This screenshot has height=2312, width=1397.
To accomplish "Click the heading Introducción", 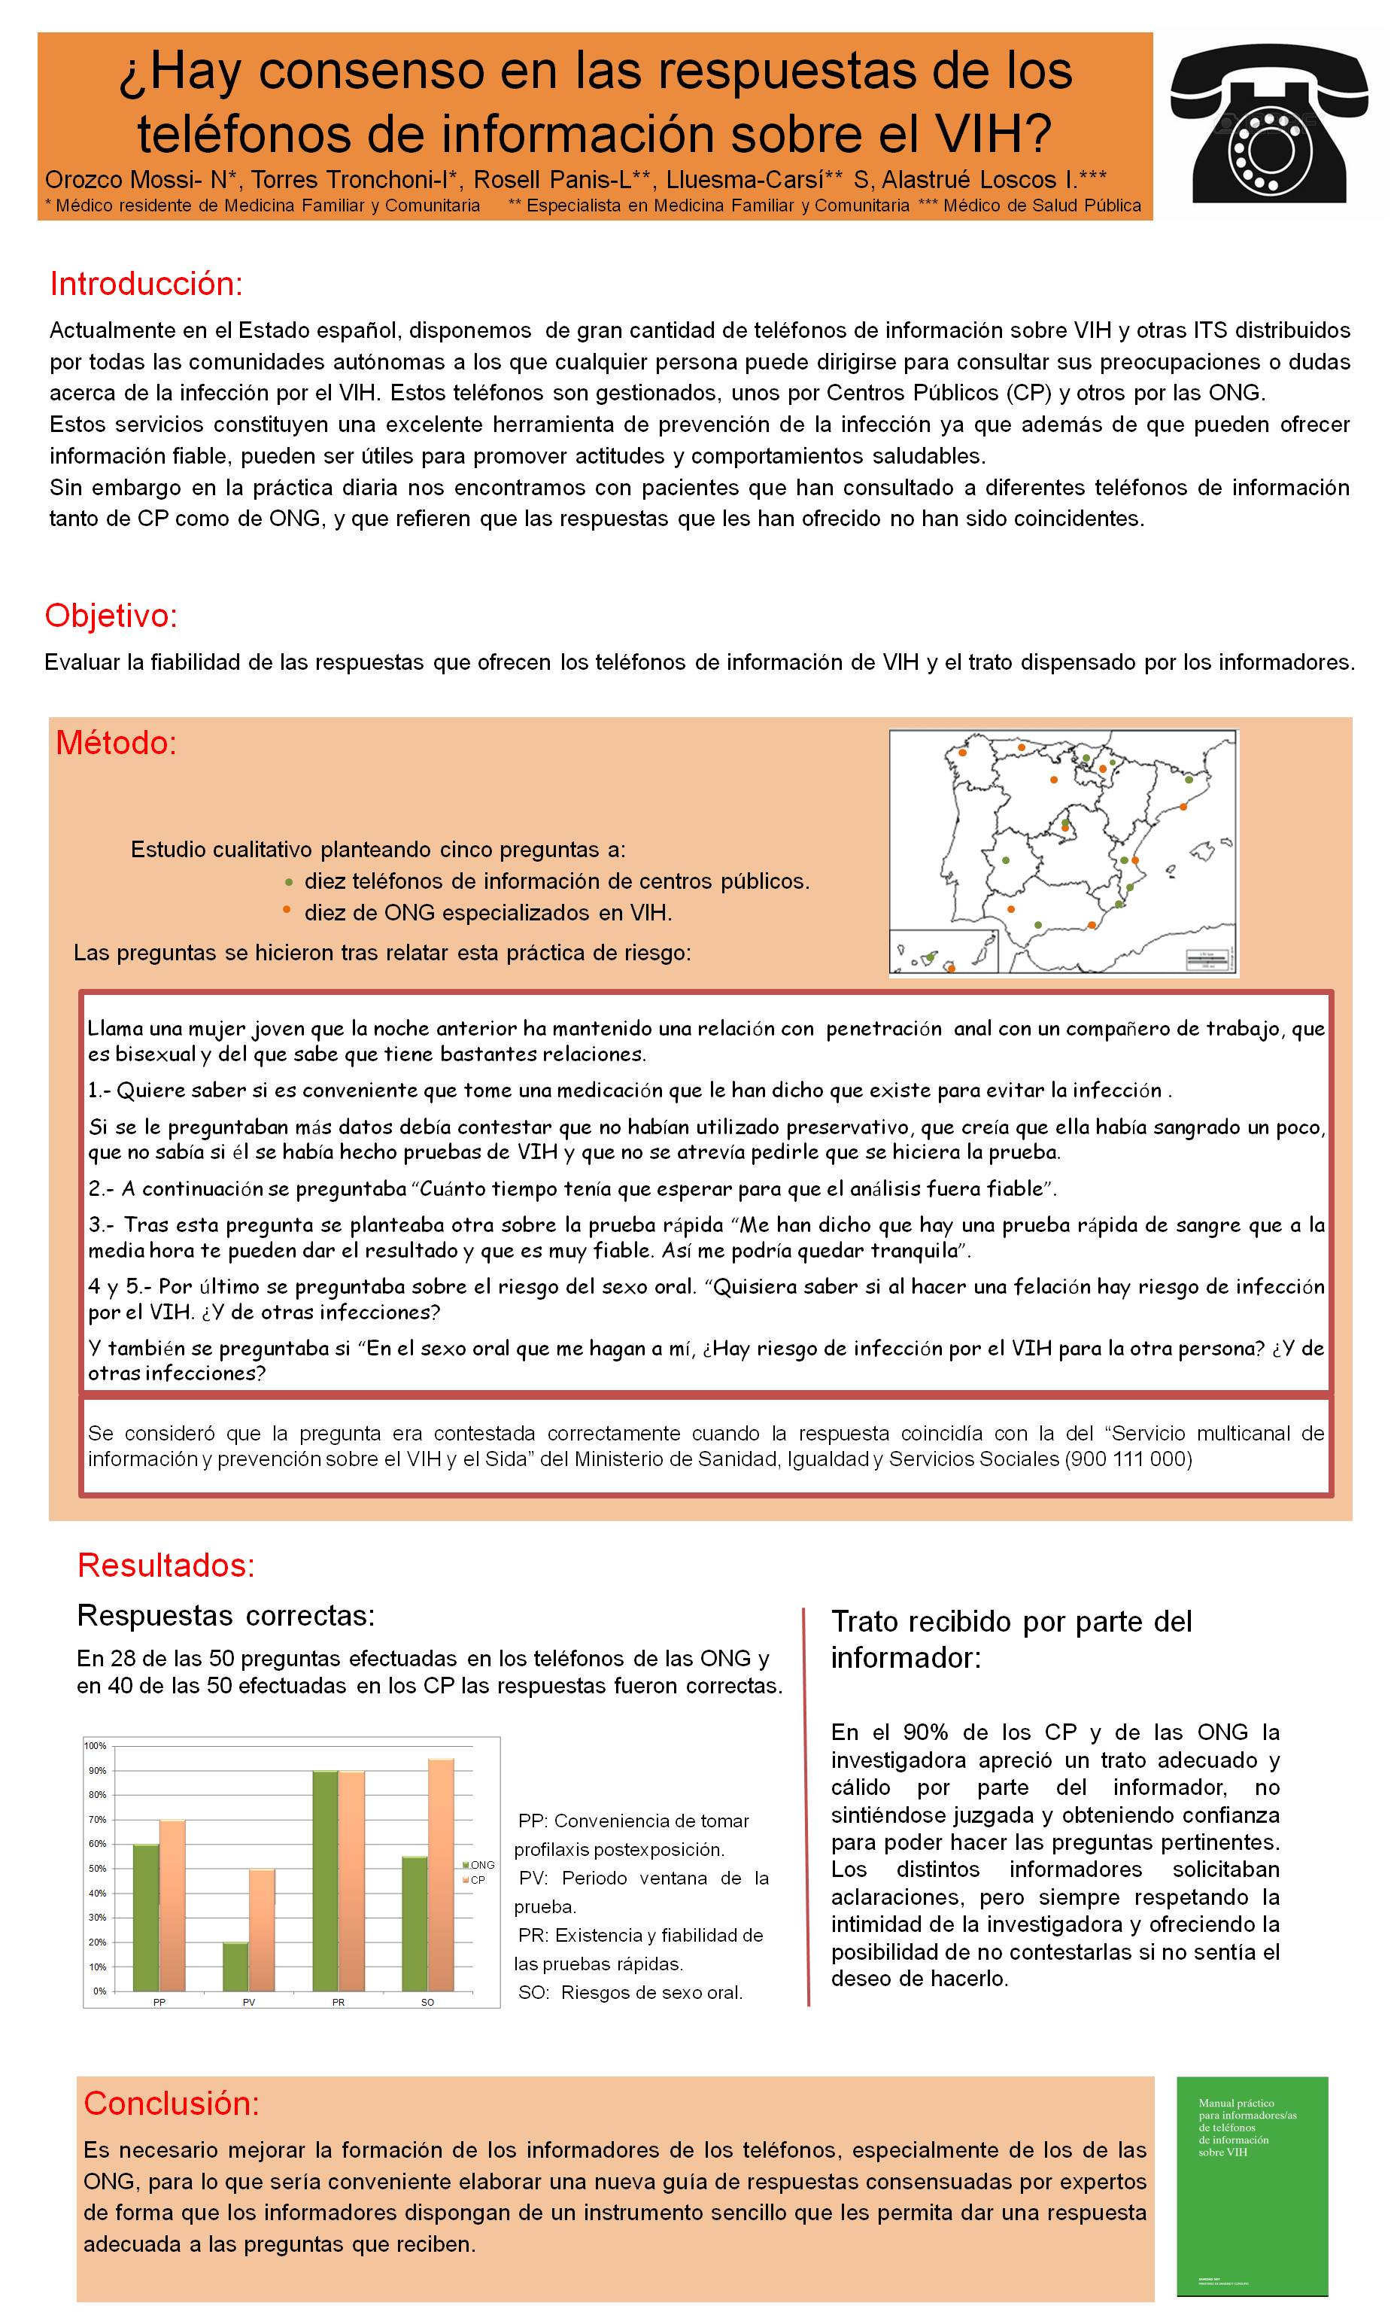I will pyautogui.click(x=147, y=284).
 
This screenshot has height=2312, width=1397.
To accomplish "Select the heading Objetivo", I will pyautogui.click(x=111, y=616).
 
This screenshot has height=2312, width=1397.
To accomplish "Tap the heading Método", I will pyautogui.click(x=117, y=742).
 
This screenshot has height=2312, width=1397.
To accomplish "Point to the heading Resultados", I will pyautogui.click(x=166, y=1565).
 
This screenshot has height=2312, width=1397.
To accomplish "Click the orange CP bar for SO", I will pyautogui.click(x=441, y=1875).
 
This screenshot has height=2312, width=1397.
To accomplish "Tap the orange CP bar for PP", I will pyautogui.click(x=172, y=1905).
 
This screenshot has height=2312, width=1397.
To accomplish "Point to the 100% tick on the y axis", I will pyautogui.click(x=96, y=1745).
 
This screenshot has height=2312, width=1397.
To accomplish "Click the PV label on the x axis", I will pyautogui.click(x=248, y=2003).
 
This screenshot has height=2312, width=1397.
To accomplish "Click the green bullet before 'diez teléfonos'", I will pyautogui.click(x=289, y=882).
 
